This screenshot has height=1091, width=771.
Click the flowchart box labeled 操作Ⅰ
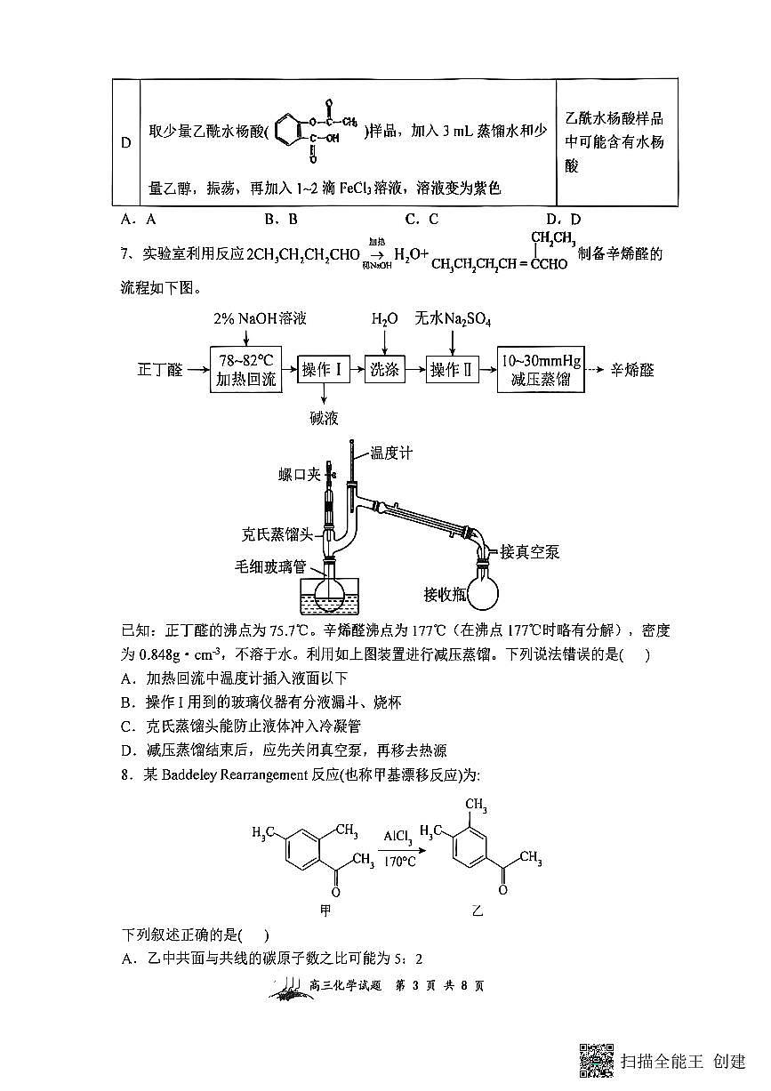click(323, 370)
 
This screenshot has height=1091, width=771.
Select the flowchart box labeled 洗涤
click(385, 370)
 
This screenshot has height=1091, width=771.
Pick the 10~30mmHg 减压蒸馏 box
click(541, 370)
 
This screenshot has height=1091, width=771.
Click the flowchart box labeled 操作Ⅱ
click(452, 370)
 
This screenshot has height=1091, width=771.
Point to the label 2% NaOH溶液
click(260, 319)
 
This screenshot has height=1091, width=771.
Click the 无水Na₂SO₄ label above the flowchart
click(453, 319)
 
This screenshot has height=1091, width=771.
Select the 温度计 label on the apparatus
click(391, 453)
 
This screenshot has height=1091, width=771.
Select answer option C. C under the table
click(422, 219)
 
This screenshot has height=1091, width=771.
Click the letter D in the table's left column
click(125, 143)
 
